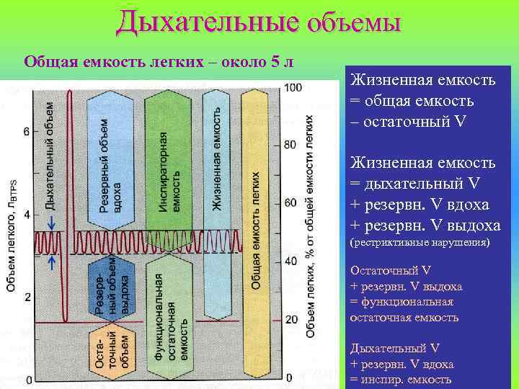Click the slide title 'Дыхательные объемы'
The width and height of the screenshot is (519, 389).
pyautogui.click(x=259, y=21)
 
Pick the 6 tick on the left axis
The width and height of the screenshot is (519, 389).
pyautogui.click(x=26, y=132)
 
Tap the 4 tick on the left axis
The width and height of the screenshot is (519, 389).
pyautogui.click(x=26, y=215)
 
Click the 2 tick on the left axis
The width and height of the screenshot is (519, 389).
pyautogui.click(x=26, y=297)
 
